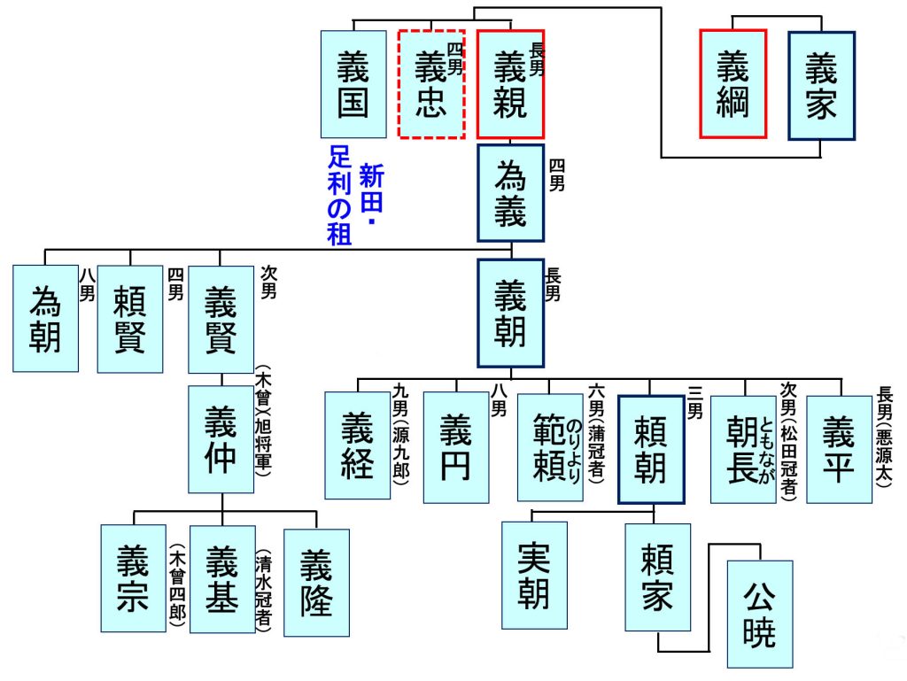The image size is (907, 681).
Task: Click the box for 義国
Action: [353, 84]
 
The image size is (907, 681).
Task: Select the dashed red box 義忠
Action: [431, 84]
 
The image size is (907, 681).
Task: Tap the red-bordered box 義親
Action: [510, 84]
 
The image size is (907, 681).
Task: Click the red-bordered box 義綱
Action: [733, 84]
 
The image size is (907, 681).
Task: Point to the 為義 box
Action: [510, 193]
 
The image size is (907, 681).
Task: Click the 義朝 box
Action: [510, 313]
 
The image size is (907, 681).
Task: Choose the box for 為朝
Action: [45, 318]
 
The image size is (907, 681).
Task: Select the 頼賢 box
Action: [130, 318]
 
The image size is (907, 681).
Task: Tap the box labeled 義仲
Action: [221, 439]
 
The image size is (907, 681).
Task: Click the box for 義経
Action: [357, 445]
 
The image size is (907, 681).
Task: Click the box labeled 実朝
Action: [534, 575]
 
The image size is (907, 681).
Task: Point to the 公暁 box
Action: [759, 614]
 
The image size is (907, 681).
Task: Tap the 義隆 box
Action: [316, 582]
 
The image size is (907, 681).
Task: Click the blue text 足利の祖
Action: [340, 195]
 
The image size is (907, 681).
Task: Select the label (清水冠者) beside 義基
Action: [264, 588]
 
